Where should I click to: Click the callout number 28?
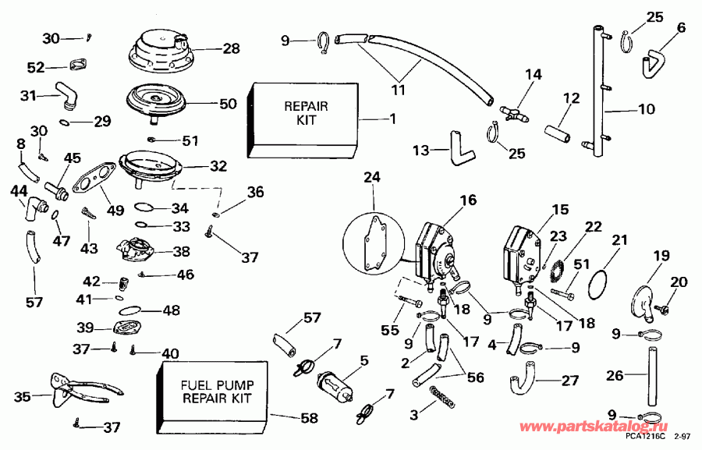point(231,49)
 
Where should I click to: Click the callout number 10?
point(647,110)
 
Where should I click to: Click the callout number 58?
point(310,419)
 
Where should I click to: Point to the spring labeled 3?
point(442,397)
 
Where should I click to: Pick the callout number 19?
point(661,256)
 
